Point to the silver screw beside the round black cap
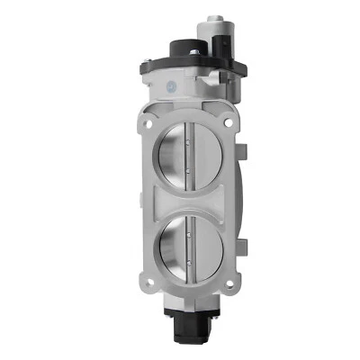tap(196, 53)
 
